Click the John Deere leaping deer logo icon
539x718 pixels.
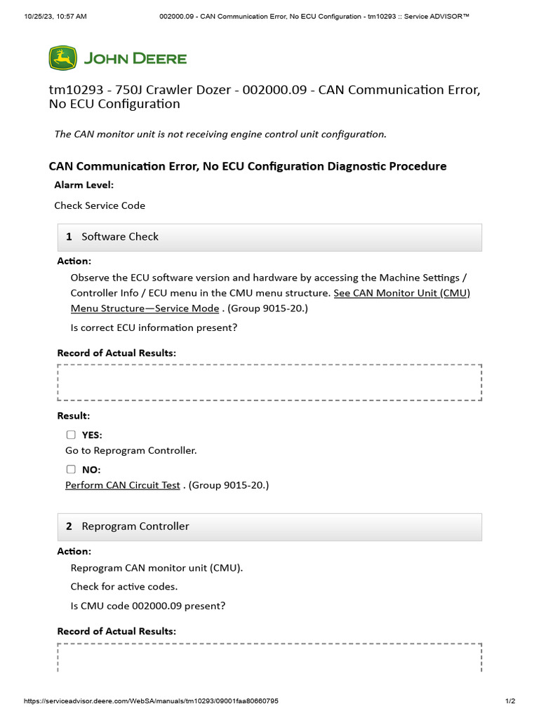point(62,58)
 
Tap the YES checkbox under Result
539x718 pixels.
point(71,435)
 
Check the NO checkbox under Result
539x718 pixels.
point(71,469)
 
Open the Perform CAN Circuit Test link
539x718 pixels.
point(123,485)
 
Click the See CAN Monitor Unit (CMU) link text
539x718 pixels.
point(401,293)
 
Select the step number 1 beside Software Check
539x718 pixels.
point(69,237)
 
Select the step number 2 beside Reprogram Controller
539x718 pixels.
point(69,527)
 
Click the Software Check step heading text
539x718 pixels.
point(120,237)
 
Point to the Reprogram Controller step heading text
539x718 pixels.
point(135,527)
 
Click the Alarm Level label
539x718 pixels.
point(84,185)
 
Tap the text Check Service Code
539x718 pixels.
point(100,205)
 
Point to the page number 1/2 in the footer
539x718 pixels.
point(510,701)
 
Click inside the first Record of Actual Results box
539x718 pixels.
point(269,383)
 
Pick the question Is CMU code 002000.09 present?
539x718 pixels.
point(147,606)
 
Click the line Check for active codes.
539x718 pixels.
point(124,586)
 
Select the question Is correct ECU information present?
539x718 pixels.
point(154,327)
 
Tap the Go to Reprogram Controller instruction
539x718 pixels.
point(131,450)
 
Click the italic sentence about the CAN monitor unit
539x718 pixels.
point(220,134)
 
